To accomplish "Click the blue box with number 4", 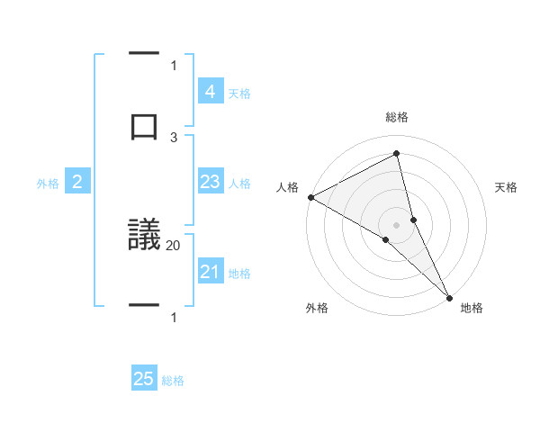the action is pos(210,92).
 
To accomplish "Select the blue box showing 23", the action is pos(210,183).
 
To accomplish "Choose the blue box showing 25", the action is pos(144,380).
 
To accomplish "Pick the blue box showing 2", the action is pos(77,183).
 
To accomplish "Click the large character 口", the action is pos(145,125).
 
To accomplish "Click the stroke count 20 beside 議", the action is pos(174,245).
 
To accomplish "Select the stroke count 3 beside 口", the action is pos(174,137).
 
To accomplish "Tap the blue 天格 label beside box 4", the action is pos(239,93).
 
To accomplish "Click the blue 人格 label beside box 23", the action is pos(239,184).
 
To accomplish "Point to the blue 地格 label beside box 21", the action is pos(239,274).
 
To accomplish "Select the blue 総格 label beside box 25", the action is pos(173,381).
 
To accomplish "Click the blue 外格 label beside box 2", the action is pos(48,184).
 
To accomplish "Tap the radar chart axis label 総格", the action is pos(397,117).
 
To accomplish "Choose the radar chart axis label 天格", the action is pos(507,187).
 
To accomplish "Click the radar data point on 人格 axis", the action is pos(310,197).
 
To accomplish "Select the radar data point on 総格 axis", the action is pos(397,154).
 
